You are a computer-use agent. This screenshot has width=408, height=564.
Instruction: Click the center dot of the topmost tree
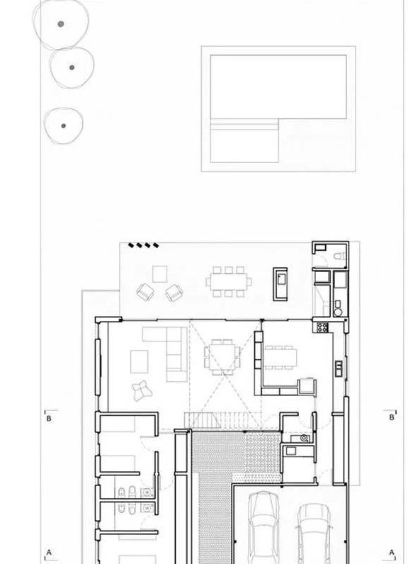pos(61,24)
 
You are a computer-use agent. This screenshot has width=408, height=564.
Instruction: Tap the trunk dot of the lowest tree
pos(64,126)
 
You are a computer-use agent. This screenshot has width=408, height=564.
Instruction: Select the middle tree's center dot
pos(72,67)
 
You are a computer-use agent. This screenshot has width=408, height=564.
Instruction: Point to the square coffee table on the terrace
pos(159,274)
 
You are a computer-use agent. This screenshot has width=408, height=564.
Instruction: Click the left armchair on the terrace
pos(145,291)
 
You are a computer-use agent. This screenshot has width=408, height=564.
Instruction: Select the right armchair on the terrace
pos(174,292)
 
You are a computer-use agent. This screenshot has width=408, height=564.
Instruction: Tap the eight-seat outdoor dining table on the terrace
pos(229,281)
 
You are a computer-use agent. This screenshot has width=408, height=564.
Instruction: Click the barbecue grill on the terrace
pos(280,284)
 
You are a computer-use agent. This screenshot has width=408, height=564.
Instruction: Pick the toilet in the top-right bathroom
pos(340,256)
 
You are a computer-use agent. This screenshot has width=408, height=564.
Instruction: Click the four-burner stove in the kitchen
pos(322,327)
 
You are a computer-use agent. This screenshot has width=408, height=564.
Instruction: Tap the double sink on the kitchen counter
pos(339,368)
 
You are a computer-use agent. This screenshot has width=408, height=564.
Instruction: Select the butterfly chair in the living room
pos(142,390)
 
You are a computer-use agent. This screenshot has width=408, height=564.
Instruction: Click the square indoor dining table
pos(222,357)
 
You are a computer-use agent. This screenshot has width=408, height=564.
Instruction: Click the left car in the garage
pos(263,528)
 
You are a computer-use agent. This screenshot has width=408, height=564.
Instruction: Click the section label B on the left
pos(49,419)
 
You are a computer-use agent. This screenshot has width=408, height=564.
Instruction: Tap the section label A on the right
pos(392,552)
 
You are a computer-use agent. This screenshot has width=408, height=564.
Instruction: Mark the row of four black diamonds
pos(143,245)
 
